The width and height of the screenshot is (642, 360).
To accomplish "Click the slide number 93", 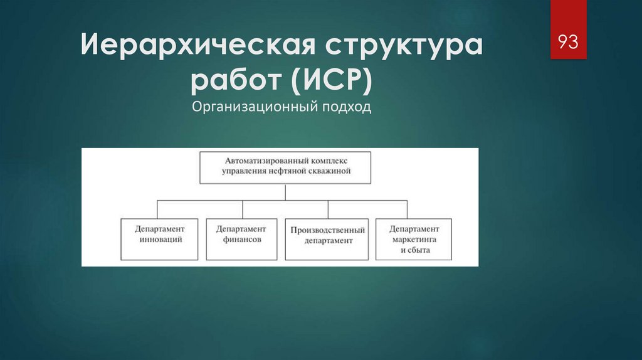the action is point(568,42).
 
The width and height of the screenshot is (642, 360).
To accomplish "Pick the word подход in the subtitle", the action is point(346,107).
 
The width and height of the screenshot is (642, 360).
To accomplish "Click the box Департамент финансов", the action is point(241,239).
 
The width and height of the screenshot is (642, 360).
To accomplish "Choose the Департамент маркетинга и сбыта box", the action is point(414,239).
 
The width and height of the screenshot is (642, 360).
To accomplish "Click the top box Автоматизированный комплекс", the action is point(285,167).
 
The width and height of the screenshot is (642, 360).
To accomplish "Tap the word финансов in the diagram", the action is point(241,240).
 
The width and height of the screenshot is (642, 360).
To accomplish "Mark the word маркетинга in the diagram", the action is point(414,240).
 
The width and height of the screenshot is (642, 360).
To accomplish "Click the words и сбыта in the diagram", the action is point(414,250).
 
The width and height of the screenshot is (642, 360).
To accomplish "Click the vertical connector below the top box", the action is point(285,192).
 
